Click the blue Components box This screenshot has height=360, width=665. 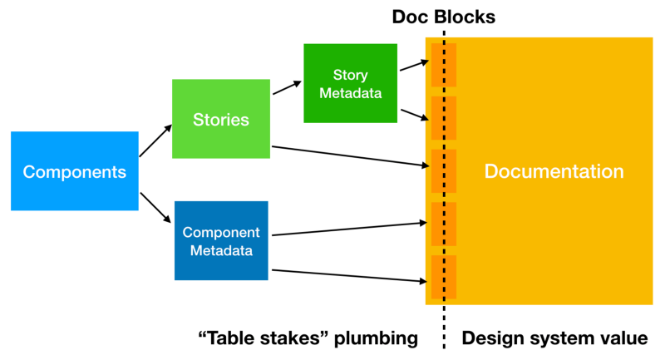point(74,171)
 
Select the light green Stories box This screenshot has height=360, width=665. point(220,119)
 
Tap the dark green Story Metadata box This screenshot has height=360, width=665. point(342,83)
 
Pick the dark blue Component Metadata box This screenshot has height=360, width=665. point(221,240)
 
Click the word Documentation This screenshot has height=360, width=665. point(554,172)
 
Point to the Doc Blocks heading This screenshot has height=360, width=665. point(444,17)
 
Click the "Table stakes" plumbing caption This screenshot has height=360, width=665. point(307,338)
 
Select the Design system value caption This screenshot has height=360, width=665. point(554,338)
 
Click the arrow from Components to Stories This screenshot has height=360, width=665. point(155,141)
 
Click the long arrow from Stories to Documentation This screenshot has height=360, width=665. point(349,156)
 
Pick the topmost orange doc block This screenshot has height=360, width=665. point(442,65)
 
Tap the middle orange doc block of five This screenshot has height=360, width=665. point(442,170)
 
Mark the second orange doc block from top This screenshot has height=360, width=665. point(442,117)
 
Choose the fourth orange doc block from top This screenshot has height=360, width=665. point(442,224)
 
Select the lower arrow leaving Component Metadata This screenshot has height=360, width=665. point(349,276)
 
